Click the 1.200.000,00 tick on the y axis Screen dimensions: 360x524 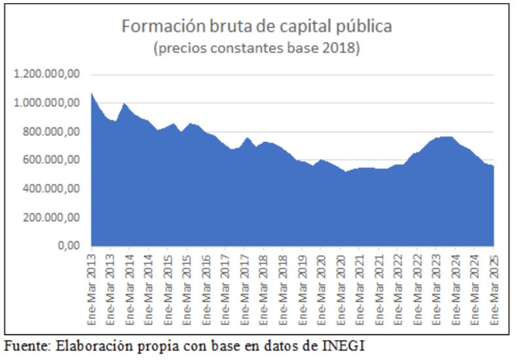click(x=46, y=75)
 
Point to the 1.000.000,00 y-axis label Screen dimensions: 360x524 click(x=46, y=103)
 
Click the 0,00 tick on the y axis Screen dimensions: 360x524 click(x=69, y=246)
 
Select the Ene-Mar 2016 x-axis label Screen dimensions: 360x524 click(x=206, y=288)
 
